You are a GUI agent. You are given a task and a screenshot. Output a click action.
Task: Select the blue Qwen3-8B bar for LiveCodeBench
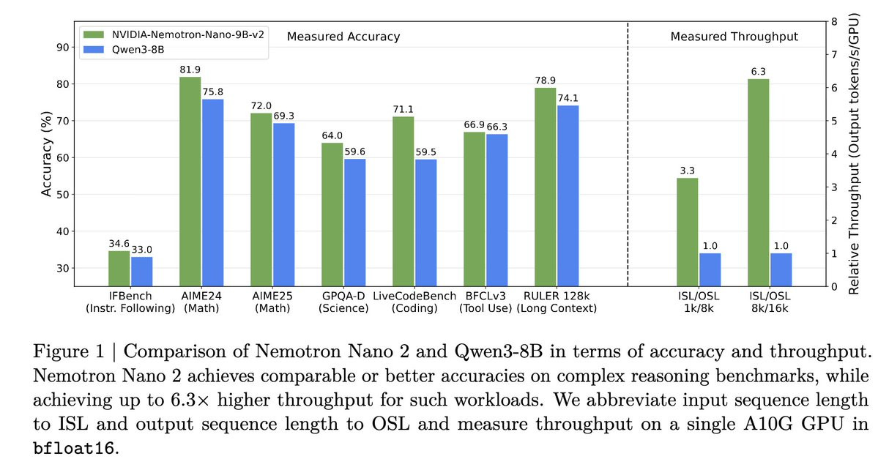[x=425, y=223]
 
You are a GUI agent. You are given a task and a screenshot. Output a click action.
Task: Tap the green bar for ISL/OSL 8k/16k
[x=758, y=182]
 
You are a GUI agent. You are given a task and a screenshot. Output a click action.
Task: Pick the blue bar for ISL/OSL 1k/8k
[x=710, y=269]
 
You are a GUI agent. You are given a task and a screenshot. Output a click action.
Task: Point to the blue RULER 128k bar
[x=568, y=195]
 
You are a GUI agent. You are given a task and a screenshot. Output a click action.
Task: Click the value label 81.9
[x=190, y=70]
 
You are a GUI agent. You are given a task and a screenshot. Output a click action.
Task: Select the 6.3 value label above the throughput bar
[x=758, y=72]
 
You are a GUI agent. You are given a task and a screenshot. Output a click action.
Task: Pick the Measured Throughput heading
[x=734, y=36]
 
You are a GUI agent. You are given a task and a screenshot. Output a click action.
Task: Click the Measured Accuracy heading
[x=343, y=36]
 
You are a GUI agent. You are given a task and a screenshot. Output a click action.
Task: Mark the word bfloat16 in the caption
[x=75, y=448]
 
